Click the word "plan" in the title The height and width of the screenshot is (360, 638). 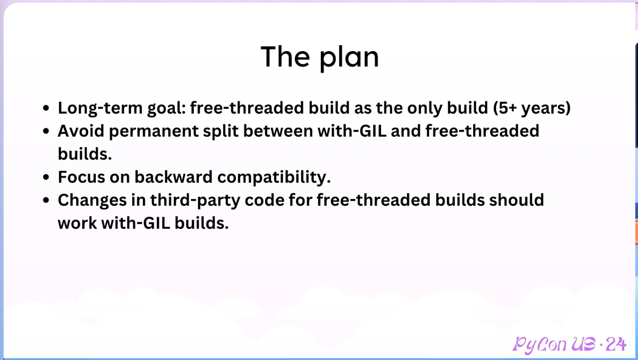[x=349, y=58]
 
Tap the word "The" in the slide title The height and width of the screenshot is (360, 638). [x=285, y=57]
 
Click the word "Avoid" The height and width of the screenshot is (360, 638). [x=81, y=131]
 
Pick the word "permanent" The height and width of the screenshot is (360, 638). [x=154, y=131]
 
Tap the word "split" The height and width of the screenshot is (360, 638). [x=221, y=131]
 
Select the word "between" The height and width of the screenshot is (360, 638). [x=278, y=131]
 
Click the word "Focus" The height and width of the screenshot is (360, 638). [x=81, y=177]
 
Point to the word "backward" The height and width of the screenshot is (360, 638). [x=173, y=177]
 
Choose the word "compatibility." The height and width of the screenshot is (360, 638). [x=274, y=177]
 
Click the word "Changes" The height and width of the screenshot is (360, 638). [x=92, y=200]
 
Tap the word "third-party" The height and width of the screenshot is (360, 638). [x=195, y=200]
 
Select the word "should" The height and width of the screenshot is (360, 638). [x=517, y=200]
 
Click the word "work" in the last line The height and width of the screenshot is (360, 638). [x=77, y=223]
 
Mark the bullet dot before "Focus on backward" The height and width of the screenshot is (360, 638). [x=46, y=177]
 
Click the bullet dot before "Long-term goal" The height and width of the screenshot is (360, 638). [x=46, y=108]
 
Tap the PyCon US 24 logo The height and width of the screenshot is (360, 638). [x=570, y=344]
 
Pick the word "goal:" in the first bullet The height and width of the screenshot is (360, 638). [x=167, y=109]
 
